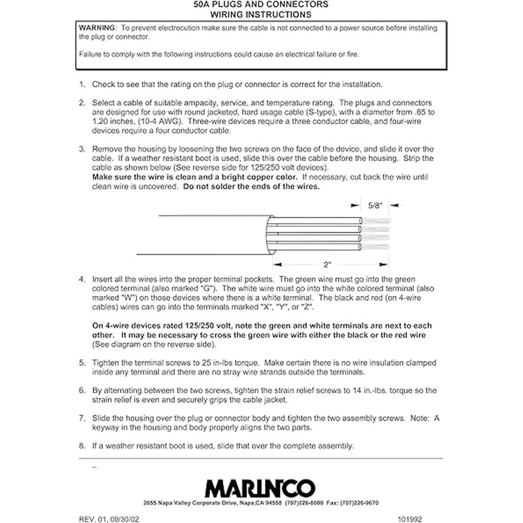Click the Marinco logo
(260, 488)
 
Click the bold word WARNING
(97, 28)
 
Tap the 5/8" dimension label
(375, 206)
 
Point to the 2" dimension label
(327, 265)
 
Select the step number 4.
(82, 279)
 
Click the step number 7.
(82, 418)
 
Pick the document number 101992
(410, 519)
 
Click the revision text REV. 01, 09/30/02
(109, 519)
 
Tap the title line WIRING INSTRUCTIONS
(261, 14)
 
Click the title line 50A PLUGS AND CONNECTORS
(261, 5)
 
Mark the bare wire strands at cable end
(376, 234)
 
